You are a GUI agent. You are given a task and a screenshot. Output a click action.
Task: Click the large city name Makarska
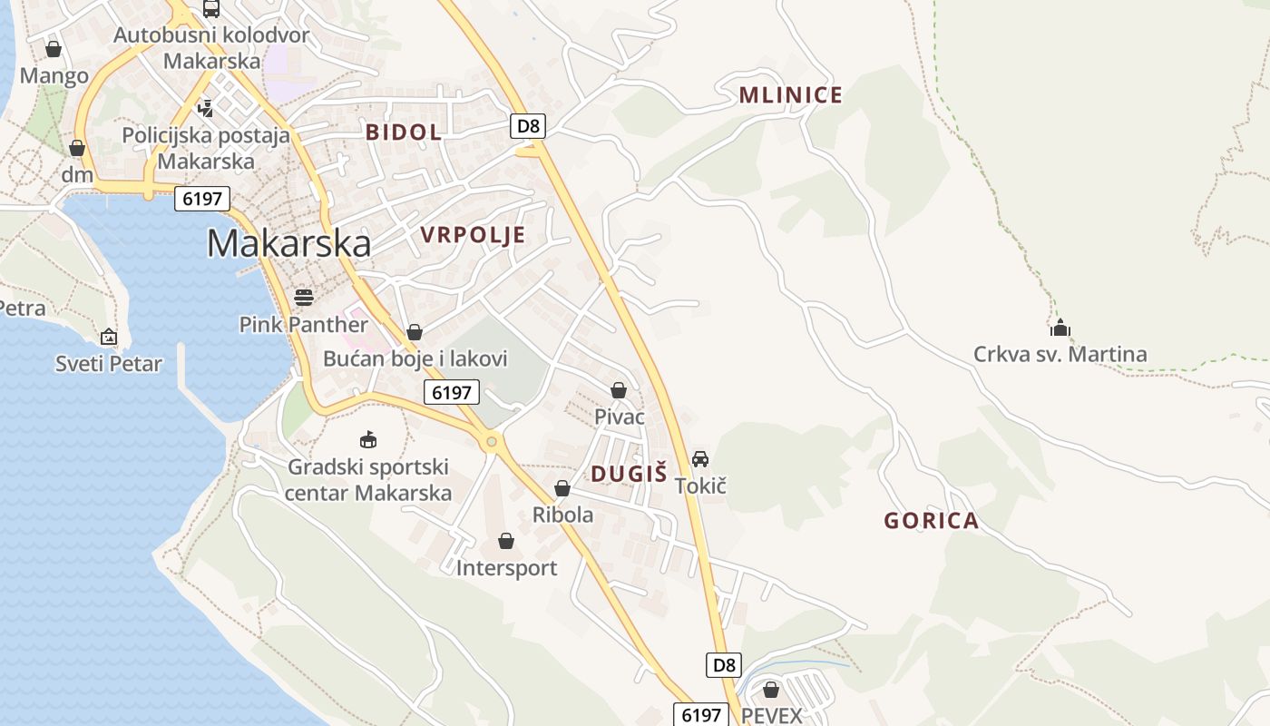[288, 243]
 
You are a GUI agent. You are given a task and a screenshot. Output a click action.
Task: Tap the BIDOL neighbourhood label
[404, 132]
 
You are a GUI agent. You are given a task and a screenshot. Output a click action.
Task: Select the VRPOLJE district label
[473, 235]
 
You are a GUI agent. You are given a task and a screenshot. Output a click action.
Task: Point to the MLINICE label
[791, 94]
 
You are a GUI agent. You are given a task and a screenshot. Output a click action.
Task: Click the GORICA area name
[932, 520]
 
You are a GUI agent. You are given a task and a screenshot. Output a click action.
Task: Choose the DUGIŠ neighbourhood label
[629, 473]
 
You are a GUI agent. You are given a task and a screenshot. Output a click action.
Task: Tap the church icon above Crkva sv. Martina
[1060, 328]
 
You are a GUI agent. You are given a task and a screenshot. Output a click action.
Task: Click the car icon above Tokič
[700, 458]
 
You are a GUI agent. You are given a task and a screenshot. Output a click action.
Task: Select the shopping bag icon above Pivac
[619, 390]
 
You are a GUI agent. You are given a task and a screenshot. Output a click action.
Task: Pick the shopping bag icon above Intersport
[506, 541]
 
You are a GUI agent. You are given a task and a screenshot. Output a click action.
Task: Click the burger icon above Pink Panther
[304, 297]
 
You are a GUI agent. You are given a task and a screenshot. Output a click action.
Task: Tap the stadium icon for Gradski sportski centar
[368, 440]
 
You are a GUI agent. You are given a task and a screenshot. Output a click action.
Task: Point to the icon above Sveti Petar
[109, 337]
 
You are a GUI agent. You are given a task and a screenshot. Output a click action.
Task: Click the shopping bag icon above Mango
[54, 49]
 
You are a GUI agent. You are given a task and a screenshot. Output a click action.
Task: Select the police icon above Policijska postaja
[206, 109]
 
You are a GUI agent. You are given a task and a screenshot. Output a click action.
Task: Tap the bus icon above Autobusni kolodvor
[211, 9]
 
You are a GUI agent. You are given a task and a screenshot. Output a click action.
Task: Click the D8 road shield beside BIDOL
[528, 125]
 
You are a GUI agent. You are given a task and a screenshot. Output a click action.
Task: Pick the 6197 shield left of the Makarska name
[201, 199]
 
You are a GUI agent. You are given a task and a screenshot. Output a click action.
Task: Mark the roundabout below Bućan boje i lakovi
[492, 442]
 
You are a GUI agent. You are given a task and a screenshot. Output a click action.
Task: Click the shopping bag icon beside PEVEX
[771, 690]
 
